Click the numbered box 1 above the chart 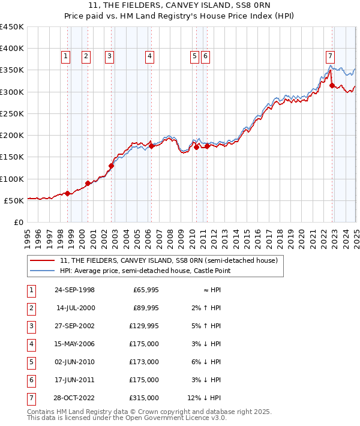click(x=65, y=56)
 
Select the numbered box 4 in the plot click(x=149, y=56)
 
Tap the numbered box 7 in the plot click(x=330, y=56)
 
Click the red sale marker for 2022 click(x=332, y=86)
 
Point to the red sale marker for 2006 click(x=152, y=146)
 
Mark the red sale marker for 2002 click(x=111, y=166)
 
